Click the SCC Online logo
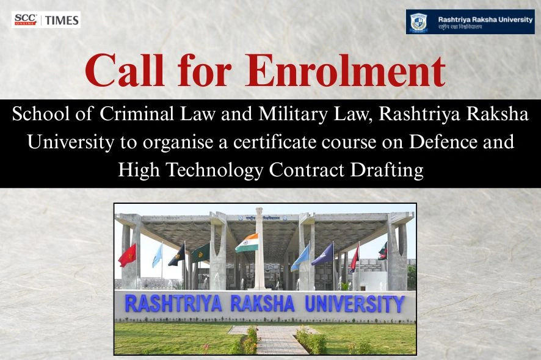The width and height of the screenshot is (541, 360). (25, 20)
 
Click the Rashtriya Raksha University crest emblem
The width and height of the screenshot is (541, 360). (418, 23)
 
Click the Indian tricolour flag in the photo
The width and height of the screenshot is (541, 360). (247, 242)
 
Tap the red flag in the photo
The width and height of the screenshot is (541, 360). (128, 254)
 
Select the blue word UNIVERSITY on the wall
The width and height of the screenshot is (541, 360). (354, 303)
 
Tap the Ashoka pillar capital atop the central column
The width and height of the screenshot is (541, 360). (259, 213)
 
